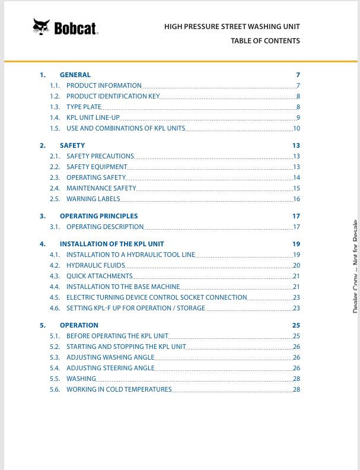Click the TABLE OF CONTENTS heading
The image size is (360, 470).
point(265,41)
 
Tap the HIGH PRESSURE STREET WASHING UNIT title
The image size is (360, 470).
point(232,27)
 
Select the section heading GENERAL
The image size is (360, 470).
point(75,75)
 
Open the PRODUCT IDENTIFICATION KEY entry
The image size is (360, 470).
point(113,96)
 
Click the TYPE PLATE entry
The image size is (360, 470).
point(84,107)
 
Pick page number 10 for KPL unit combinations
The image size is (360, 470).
point(297,128)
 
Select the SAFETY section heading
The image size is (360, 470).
point(72,145)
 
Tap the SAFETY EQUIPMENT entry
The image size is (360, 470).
point(97,167)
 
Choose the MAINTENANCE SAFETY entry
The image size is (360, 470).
point(101,188)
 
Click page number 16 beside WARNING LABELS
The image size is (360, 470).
point(297,199)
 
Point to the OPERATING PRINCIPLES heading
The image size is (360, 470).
point(98,216)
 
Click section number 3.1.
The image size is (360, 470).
point(55,227)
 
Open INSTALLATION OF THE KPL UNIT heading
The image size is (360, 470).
point(111,244)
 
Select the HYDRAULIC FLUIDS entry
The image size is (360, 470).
point(95,265)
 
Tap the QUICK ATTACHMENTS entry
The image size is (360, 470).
point(99,276)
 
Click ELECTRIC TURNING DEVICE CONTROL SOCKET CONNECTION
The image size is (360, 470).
point(157,297)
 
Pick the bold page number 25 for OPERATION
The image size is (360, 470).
point(296,325)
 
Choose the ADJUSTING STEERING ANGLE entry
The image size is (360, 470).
point(110,368)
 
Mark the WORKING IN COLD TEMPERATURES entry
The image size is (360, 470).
point(119,389)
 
